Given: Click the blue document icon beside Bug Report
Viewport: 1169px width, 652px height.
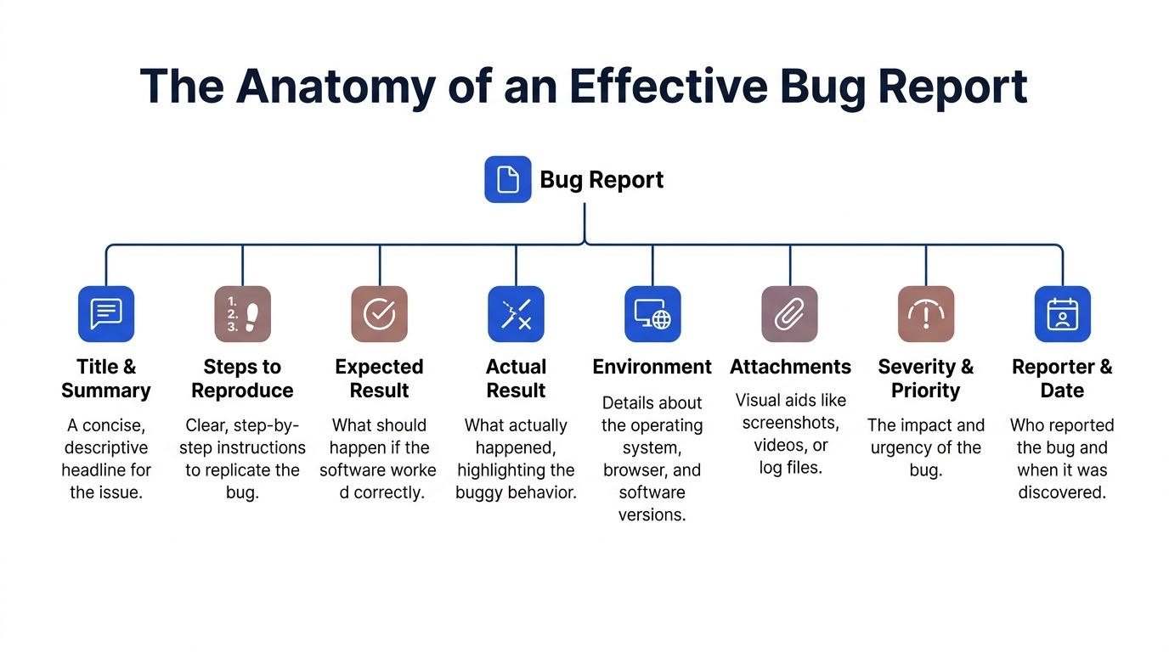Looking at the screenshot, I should tap(507, 179).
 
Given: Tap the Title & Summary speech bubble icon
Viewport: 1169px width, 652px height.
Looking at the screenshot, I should tap(106, 314).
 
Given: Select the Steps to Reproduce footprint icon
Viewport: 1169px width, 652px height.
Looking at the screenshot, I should tap(242, 314).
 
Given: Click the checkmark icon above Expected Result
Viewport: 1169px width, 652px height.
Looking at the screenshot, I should tap(379, 314).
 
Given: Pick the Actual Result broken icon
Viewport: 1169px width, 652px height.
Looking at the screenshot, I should tap(516, 314).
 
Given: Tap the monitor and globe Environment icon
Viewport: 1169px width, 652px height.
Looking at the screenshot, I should tap(652, 314).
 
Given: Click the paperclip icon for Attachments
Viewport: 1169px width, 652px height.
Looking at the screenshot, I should tap(789, 314).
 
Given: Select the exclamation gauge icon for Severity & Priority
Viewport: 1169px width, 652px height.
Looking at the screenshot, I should tap(926, 314).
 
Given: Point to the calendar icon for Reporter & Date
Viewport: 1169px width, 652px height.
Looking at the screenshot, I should tap(1062, 314).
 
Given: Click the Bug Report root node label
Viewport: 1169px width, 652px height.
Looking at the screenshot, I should tap(601, 180).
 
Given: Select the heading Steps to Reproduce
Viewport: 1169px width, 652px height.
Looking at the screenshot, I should tap(242, 379).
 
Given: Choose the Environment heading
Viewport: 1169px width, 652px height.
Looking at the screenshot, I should tap(652, 367).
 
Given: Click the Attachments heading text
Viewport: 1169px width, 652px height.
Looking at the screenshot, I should tap(790, 367).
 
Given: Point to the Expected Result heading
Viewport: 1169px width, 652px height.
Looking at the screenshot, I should tap(379, 379).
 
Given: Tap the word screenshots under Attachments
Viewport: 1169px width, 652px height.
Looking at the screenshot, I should tap(790, 422).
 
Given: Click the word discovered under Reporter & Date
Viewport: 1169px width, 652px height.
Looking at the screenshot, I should tap(1062, 492).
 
